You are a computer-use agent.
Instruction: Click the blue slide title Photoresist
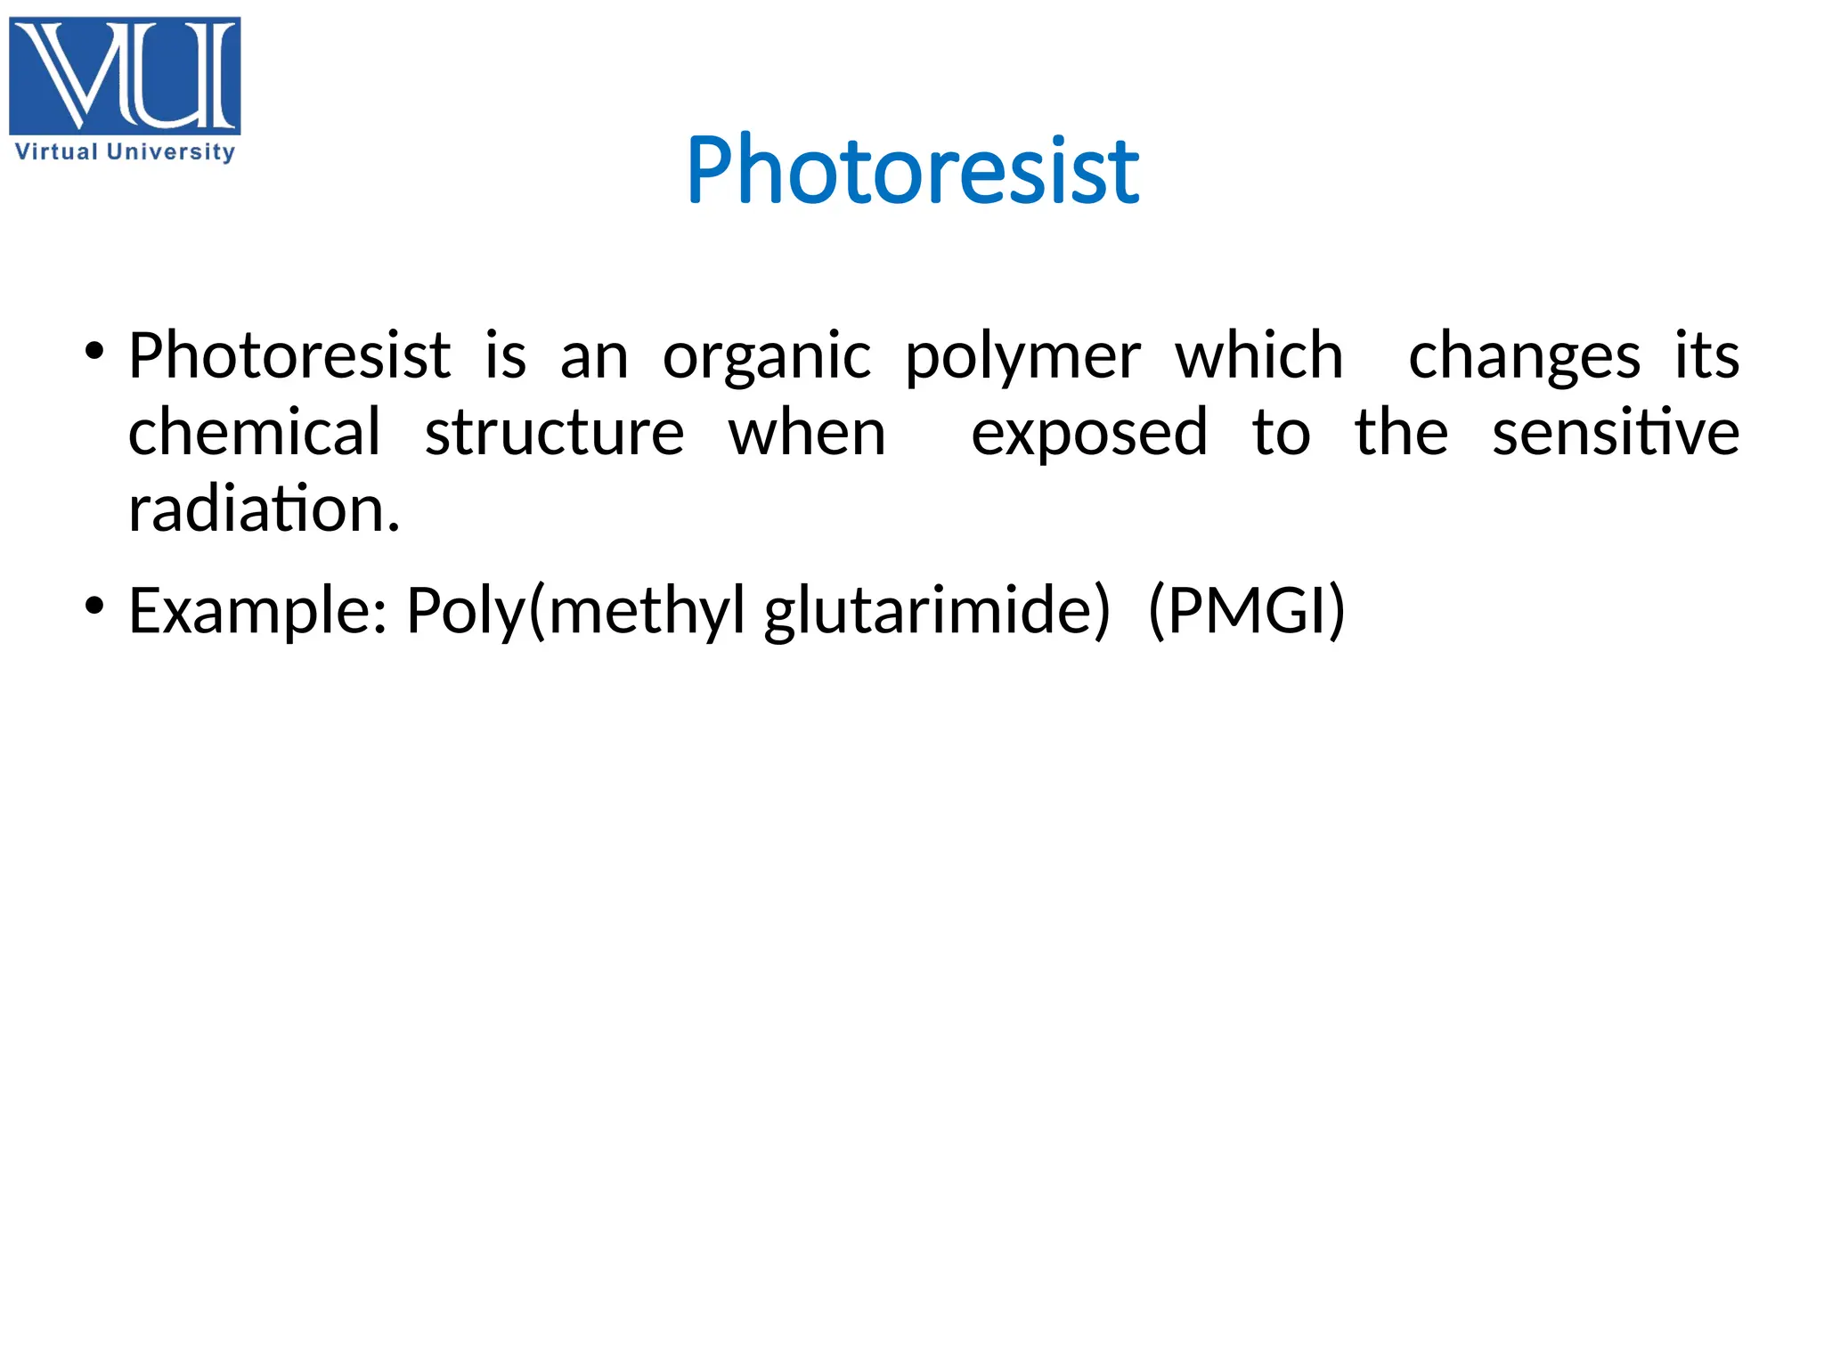pyautogui.click(x=912, y=170)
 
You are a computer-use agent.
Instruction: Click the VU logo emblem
pyautogui.click(x=125, y=76)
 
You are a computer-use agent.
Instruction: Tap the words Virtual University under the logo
pyautogui.click(x=125, y=152)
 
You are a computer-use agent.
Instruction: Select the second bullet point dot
pyautogui.click(x=94, y=607)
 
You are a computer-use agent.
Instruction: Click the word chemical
pyautogui.click(x=255, y=433)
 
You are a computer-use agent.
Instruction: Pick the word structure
pyautogui.click(x=554, y=433)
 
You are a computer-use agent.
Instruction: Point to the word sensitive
pyautogui.click(x=1615, y=433)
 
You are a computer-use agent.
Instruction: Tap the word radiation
pyautogui.click(x=264, y=509)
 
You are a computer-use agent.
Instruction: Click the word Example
pyautogui.click(x=257, y=612)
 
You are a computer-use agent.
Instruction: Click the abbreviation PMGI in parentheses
pyautogui.click(x=1246, y=612)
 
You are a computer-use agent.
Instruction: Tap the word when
pyautogui.click(x=807, y=433)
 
